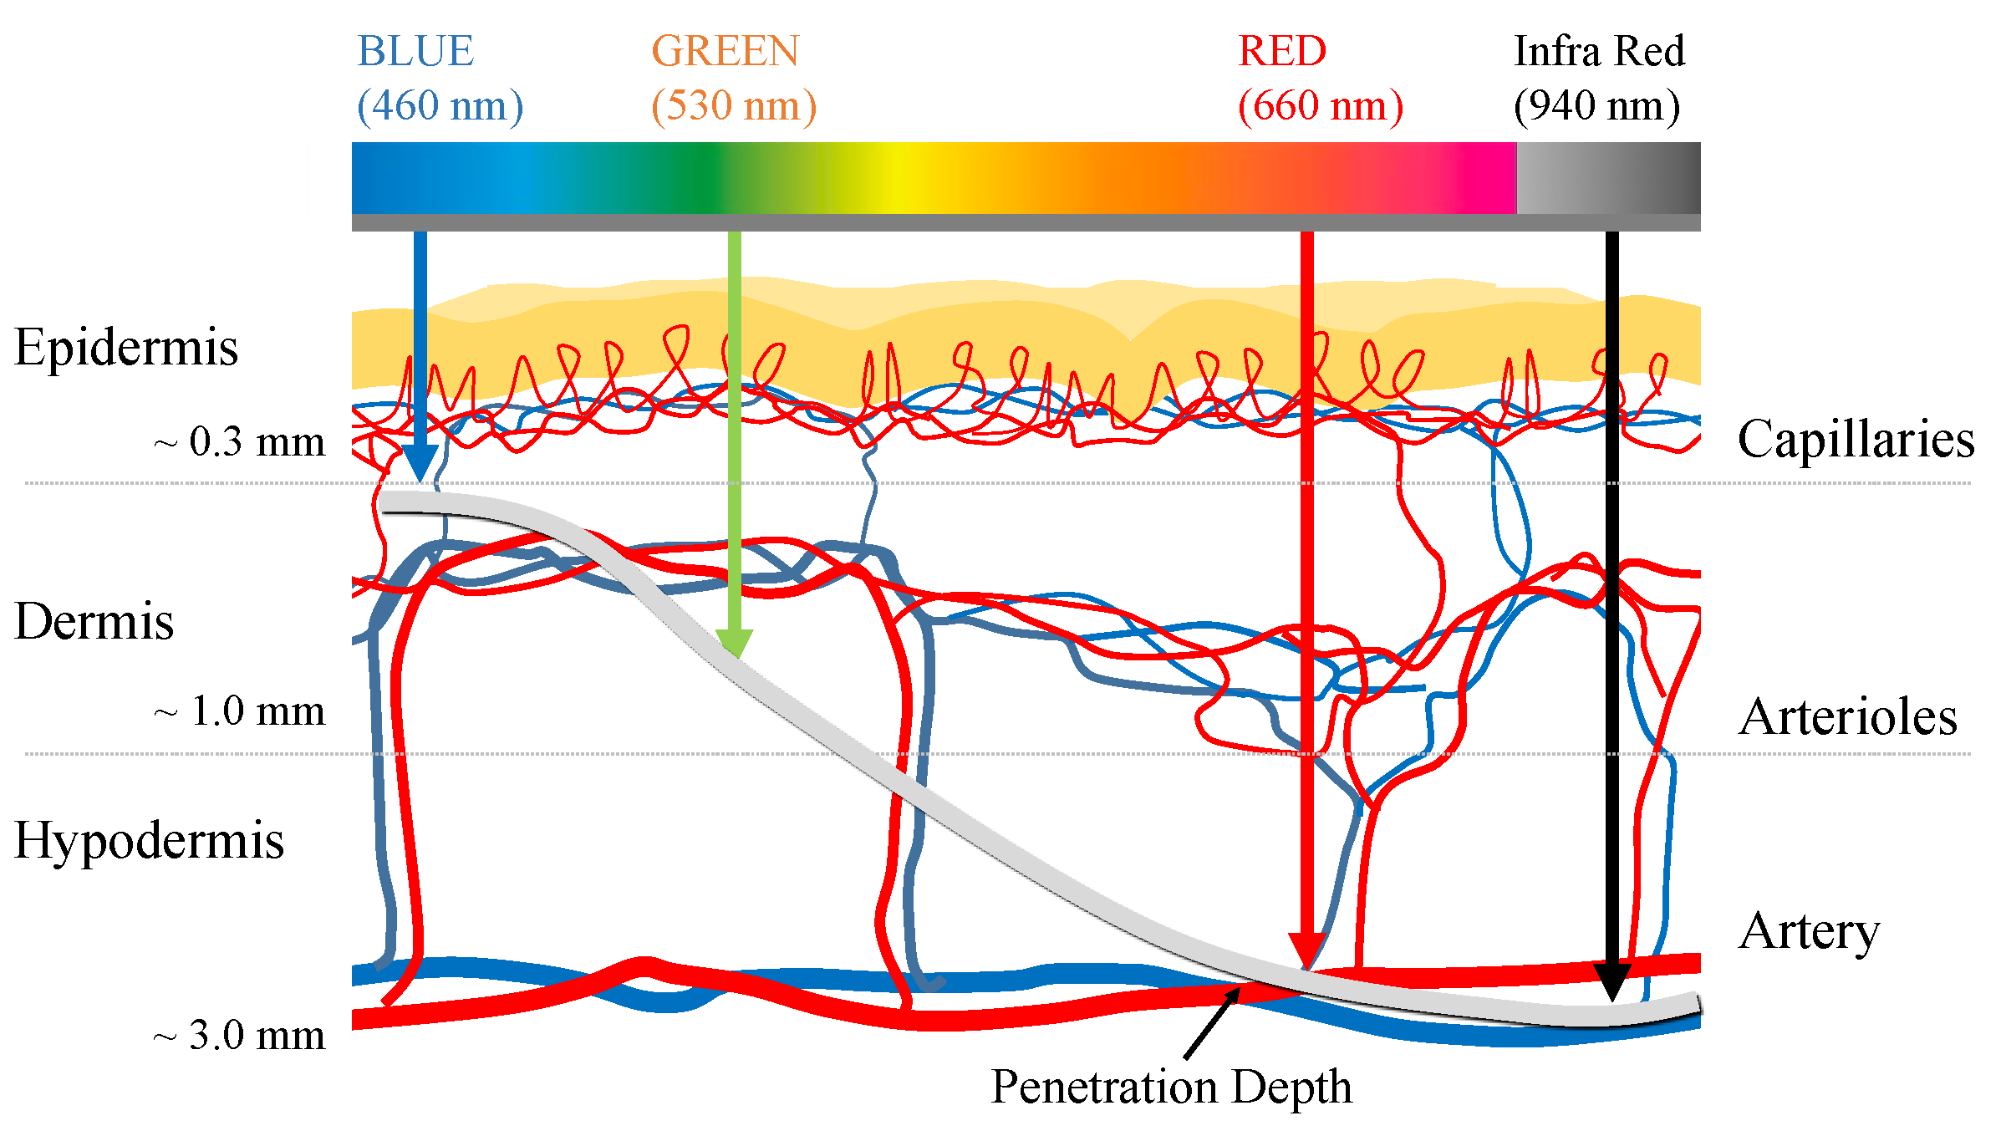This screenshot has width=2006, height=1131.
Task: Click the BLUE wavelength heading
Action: tap(415, 52)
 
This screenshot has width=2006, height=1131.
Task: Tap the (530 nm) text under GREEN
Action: tap(733, 106)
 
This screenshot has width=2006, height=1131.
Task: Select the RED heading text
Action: tap(1281, 52)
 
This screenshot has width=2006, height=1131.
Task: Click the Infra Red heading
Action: tap(1598, 52)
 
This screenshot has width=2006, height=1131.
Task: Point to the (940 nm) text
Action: tap(1596, 106)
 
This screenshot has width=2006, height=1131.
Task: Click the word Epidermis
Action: tap(126, 348)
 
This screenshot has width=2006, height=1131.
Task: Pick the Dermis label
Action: tap(94, 622)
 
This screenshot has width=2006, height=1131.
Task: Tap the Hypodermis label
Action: tap(149, 841)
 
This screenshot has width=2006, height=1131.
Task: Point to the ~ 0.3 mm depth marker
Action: tap(240, 442)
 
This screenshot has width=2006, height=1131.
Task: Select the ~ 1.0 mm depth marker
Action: tap(240, 712)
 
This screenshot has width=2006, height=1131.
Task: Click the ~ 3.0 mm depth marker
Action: tap(240, 1036)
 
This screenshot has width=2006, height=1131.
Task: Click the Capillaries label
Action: tap(1856, 440)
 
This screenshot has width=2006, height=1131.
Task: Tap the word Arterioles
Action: tap(1847, 718)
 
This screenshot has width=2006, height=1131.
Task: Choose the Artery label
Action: tap(1809, 931)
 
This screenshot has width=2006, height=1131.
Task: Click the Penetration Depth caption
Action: tap(1171, 1087)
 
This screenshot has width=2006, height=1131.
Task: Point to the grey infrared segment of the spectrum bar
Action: tap(1607, 178)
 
